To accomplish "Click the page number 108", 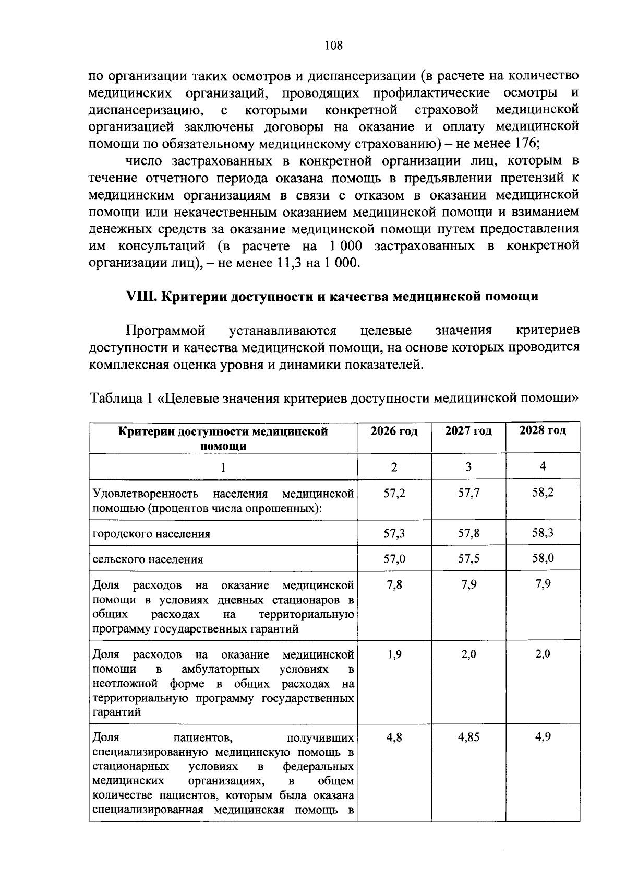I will point(333,45).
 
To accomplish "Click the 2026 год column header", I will point(394,431).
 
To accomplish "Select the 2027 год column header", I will point(468,431).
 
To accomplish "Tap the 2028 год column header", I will point(543,431).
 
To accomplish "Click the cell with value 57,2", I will point(394,493).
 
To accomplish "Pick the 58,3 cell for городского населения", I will point(543,533).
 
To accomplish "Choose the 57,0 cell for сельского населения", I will point(394,559).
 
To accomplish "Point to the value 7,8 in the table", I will point(394,584).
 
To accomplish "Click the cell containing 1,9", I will point(394,654).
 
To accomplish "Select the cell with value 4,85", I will point(468,737).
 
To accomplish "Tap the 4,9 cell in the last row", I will point(543,737).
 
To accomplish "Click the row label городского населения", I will point(151,534).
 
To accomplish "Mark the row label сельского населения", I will point(148,559).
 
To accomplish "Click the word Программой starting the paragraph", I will point(165,331).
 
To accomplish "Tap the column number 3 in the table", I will point(468,467).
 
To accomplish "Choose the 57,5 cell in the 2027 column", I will point(468,559).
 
